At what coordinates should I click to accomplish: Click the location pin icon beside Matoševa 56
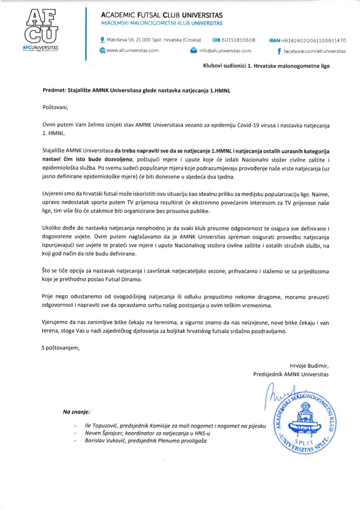coord(102,40)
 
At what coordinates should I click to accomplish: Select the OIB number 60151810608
coord(238,40)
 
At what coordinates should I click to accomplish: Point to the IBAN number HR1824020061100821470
coord(313,41)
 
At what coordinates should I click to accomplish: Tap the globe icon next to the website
coord(102,51)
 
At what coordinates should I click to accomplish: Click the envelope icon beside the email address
coord(194,51)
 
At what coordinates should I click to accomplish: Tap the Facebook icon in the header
coord(279,51)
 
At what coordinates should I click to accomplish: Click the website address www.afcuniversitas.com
coord(133,51)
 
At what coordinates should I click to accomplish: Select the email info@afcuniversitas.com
coord(225,51)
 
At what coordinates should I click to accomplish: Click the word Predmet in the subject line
coord(54,90)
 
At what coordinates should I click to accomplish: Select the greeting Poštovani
coord(55,107)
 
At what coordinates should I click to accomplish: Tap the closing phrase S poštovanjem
coord(61,348)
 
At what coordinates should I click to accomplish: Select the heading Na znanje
coord(76,412)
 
